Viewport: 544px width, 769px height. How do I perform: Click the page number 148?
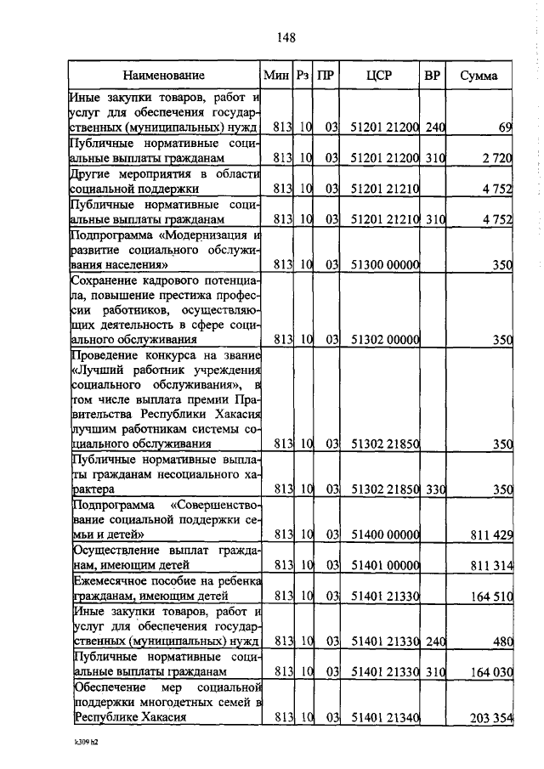pyautogui.click(x=286, y=37)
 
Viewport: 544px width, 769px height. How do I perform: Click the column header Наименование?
pyautogui.click(x=164, y=76)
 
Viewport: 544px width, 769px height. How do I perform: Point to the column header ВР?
pyautogui.click(x=433, y=76)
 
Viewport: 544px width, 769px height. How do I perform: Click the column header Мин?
pyautogui.click(x=277, y=76)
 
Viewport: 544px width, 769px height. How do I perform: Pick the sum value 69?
pyautogui.click(x=504, y=127)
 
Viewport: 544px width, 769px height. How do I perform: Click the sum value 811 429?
pyautogui.click(x=489, y=534)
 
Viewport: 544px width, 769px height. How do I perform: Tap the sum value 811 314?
pyautogui.click(x=489, y=565)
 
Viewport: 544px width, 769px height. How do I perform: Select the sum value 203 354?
pyautogui.click(x=490, y=718)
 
